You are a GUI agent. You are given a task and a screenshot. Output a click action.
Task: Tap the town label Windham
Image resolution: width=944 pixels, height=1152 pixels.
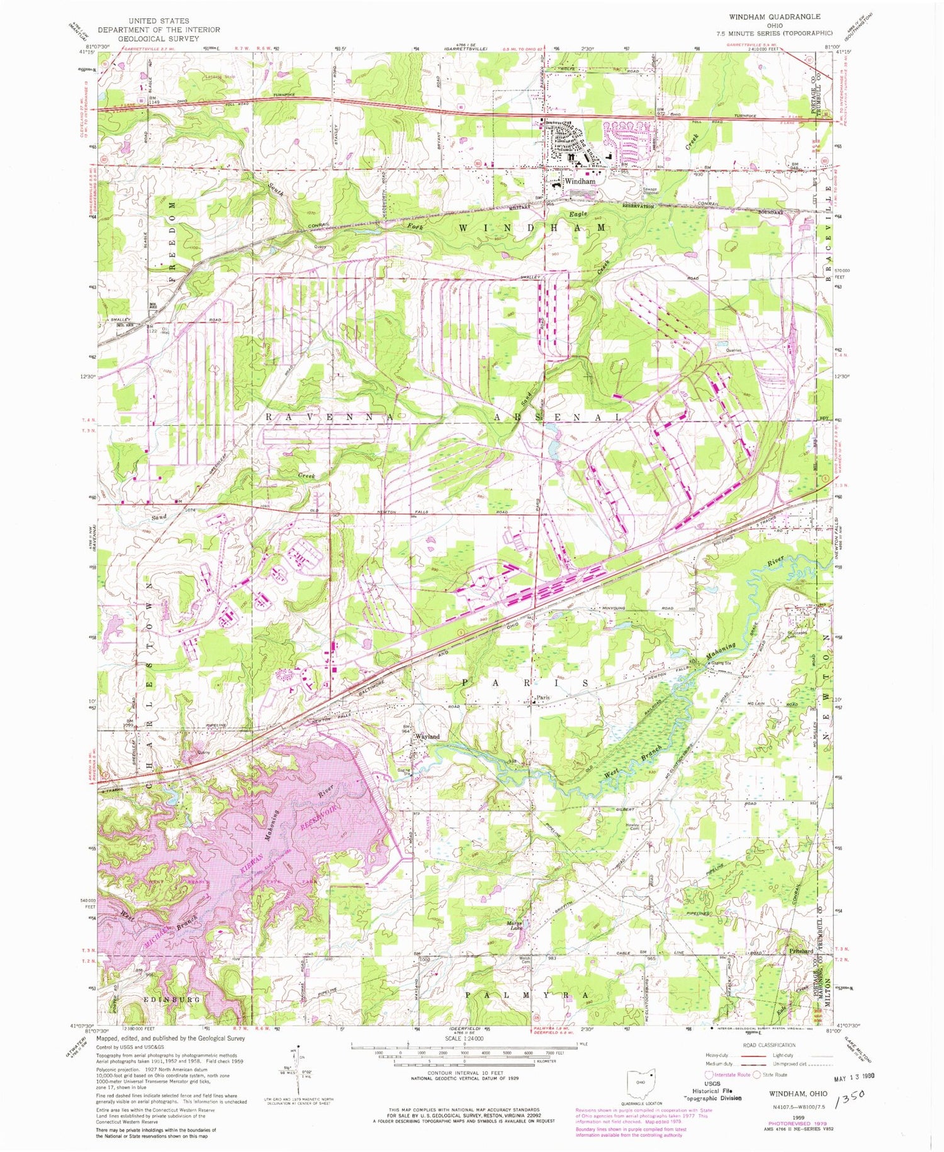(580, 181)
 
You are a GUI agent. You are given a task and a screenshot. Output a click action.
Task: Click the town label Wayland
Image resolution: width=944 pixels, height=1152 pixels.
(426, 736)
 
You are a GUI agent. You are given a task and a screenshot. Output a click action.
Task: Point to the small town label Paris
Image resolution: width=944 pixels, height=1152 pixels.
(542, 697)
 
